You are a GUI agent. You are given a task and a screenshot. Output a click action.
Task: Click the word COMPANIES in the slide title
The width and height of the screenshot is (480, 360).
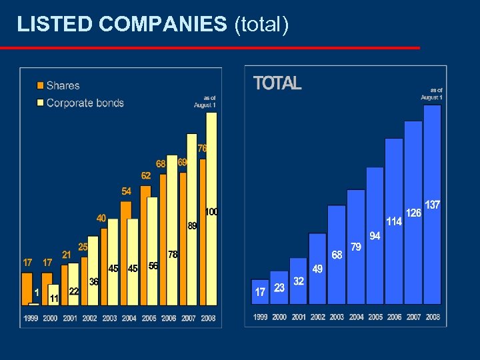point(163,25)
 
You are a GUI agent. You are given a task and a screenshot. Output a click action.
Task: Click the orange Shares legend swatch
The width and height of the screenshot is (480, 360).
point(41,85)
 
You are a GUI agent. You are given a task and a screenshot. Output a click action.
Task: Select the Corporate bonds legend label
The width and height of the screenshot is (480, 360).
point(85,103)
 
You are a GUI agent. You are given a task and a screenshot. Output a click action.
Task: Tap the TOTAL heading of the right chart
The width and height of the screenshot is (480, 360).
point(277,83)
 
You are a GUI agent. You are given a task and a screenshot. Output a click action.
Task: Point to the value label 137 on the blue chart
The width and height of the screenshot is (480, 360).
point(433,205)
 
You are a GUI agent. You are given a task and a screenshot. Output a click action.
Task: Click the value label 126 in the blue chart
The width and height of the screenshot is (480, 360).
point(413,213)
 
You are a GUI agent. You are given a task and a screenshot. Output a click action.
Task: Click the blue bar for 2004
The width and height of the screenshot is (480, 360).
point(356,253)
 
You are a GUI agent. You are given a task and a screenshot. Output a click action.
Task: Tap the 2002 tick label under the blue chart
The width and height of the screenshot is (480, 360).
point(318,317)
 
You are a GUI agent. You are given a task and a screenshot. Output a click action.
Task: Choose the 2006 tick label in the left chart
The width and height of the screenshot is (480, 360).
point(169,319)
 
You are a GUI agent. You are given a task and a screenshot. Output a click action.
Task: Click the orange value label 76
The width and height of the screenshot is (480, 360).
point(202,148)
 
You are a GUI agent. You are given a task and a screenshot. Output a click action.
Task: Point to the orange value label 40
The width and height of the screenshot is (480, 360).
point(101,218)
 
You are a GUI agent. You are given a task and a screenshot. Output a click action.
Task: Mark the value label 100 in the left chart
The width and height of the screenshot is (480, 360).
point(211,212)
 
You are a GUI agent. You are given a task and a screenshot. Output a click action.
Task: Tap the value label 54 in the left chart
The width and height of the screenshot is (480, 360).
point(126,191)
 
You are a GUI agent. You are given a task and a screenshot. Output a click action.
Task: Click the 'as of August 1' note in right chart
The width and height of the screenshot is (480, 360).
point(431,93)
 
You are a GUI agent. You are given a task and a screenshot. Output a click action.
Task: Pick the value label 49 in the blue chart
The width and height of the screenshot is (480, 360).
point(317,269)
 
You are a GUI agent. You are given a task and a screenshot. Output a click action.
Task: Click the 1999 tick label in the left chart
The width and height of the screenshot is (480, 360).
point(31,319)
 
